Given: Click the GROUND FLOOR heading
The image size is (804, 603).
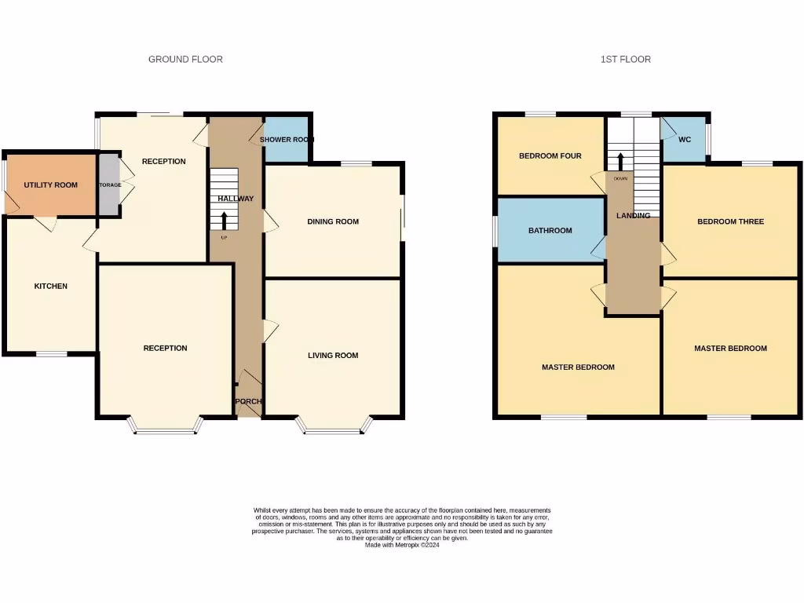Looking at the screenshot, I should point(185,59).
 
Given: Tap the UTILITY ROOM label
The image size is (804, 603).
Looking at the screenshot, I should point(50,185).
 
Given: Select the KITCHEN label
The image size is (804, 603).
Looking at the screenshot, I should point(50,286).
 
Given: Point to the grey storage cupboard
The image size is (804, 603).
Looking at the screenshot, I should point(108,185).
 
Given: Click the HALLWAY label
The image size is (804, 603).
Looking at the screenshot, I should point(236,199).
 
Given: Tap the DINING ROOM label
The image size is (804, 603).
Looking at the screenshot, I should point(333,221).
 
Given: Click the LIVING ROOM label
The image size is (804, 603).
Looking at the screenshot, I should point(333,355).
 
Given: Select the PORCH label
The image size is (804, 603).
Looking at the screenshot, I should point(248,401).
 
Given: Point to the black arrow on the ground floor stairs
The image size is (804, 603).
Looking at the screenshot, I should point(225,219).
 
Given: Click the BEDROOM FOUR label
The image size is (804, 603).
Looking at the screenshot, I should point(550,155).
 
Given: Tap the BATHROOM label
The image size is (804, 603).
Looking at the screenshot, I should point(550,231).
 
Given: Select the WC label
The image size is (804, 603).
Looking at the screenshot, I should point(685,140).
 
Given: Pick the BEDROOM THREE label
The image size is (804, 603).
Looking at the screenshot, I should point(730,221).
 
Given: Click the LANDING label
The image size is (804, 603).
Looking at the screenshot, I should point(633,215).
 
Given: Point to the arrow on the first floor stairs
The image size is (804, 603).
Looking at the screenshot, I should point(620,161).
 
